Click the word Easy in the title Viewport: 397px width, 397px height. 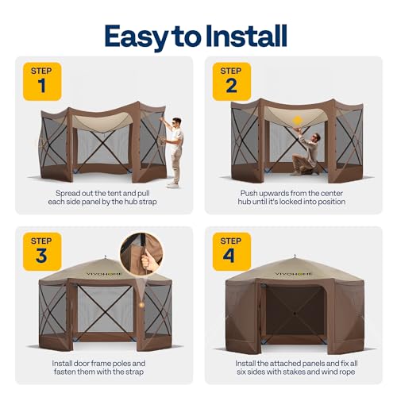click(140, 36)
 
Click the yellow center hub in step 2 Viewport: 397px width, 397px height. click(299, 121)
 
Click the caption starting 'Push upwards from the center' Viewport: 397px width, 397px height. click(295, 198)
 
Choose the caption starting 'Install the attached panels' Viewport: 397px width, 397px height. click(295, 367)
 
